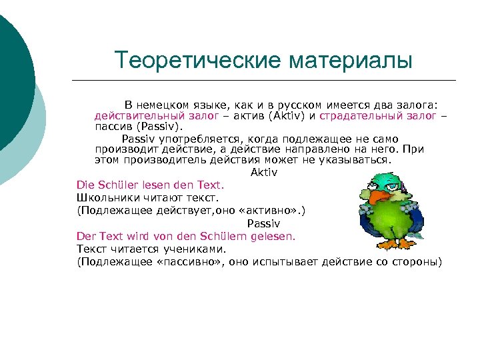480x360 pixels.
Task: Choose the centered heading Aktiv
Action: coord(264,172)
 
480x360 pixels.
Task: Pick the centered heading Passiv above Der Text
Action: coord(264,223)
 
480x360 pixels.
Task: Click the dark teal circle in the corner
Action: coord(13,73)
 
